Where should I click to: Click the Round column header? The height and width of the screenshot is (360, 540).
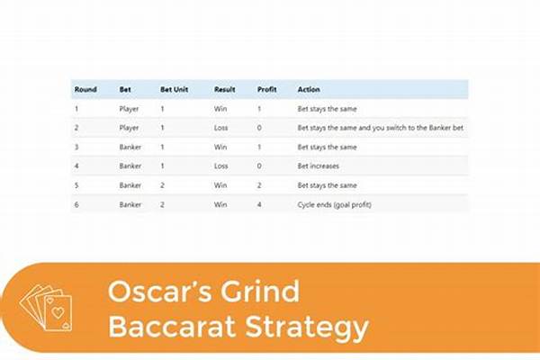[85, 90]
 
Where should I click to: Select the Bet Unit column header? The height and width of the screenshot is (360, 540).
[175, 90]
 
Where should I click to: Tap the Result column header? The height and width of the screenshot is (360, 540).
[224, 90]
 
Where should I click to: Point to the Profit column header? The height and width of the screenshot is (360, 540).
[266, 90]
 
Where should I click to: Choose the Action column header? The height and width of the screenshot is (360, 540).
[309, 90]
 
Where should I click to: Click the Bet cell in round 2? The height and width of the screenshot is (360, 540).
[130, 128]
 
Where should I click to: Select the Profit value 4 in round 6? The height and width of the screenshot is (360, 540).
[259, 204]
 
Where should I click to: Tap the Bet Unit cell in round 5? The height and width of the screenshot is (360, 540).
[162, 185]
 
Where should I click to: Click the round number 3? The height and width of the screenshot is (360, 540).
[76, 147]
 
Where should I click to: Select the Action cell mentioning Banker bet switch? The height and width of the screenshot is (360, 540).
[380, 128]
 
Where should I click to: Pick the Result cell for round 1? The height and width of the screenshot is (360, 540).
[221, 109]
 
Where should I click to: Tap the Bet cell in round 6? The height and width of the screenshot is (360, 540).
[130, 204]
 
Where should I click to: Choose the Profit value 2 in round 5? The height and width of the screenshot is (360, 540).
[259, 185]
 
